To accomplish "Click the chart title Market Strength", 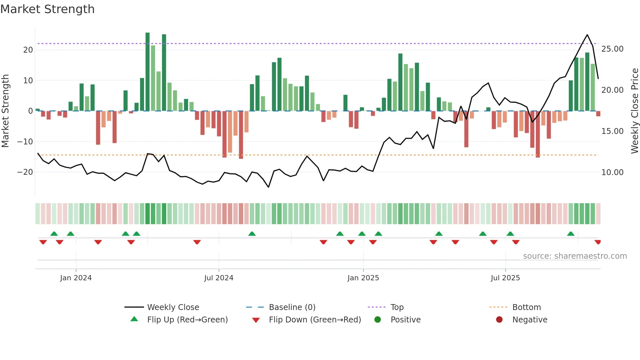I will (47, 9).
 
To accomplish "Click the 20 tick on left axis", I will (28, 50).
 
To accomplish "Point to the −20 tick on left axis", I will (25, 172).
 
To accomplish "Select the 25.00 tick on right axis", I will (612, 49).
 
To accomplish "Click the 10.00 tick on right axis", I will (612, 172).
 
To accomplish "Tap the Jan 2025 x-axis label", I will (363, 278).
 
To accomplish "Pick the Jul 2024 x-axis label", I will (218, 278).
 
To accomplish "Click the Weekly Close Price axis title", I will (634, 111).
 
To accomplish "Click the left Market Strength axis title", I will (6, 111).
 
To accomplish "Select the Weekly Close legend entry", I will (173, 307).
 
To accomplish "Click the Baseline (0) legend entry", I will (292, 307).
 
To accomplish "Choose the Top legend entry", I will (397, 307).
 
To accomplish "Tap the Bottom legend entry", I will (526, 307).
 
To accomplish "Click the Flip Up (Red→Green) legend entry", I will (187, 320).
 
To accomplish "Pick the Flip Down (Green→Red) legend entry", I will (315, 320).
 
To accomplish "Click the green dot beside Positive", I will (378, 320).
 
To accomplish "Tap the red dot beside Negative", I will (499, 320).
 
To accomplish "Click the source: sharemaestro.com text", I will (575, 256).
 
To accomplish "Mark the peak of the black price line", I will (587, 35).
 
